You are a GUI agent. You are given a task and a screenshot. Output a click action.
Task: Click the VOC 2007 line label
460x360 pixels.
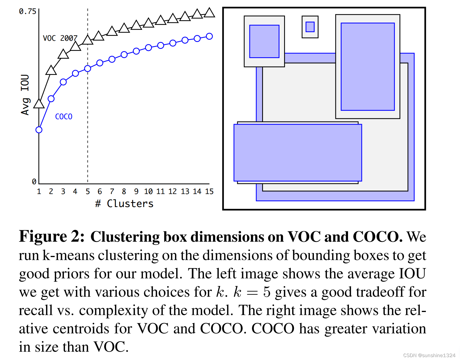point(60,38)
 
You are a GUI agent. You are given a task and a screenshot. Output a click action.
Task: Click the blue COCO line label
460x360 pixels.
point(64,117)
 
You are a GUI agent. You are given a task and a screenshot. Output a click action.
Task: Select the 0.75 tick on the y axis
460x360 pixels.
point(27,12)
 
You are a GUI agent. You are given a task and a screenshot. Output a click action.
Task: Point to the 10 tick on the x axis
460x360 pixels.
point(148,191)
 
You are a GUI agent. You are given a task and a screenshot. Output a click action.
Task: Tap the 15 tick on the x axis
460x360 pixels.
point(209,191)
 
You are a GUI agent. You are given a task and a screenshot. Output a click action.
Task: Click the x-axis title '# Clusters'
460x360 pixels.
point(124,204)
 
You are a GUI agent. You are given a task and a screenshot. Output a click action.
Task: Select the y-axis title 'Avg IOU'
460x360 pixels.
point(25,95)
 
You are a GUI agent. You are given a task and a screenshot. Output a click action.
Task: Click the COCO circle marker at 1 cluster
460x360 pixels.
point(39,130)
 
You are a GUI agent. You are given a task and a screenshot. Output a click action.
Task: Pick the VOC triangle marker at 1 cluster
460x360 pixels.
point(39,104)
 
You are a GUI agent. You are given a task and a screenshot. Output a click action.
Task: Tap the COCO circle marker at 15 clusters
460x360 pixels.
point(209,36)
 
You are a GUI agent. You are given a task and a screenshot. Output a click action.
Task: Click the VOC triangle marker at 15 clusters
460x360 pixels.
point(209,13)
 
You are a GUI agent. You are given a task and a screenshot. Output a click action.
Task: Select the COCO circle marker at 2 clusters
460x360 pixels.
point(51,99)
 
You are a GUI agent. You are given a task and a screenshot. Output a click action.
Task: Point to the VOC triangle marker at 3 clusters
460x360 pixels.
point(63,54)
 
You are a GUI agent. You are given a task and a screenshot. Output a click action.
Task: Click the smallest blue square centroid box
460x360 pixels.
point(310,27)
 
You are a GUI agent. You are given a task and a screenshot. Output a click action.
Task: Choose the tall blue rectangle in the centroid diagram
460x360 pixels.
point(368,67)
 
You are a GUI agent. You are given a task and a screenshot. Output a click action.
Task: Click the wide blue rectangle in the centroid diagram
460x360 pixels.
point(298,153)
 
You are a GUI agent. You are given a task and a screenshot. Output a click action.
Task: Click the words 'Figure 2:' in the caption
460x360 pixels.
point(52,236)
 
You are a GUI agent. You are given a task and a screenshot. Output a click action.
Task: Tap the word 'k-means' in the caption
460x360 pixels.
point(68,255)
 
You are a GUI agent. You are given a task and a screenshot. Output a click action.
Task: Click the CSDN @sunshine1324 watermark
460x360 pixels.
point(429,355)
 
